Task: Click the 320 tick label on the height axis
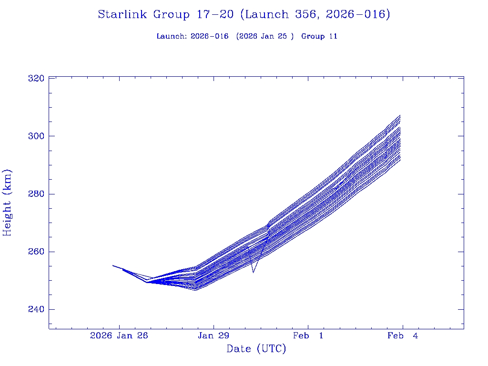tap(37, 78)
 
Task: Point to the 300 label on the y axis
tap(37, 136)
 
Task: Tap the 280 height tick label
tap(37, 194)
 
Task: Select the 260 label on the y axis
tap(37, 252)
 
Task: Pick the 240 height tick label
tap(37, 309)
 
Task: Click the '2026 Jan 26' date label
tap(119, 336)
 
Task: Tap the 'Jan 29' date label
tap(213, 336)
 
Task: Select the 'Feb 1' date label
tap(308, 336)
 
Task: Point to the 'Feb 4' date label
tap(403, 336)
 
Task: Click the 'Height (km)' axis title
tap(8, 203)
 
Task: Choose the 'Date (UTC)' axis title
tap(256, 349)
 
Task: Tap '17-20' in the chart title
tap(215, 15)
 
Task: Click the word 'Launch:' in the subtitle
tap(172, 36)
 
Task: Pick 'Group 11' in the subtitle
tap(319, 36)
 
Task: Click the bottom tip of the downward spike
tap(253, 273)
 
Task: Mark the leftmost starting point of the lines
tap(112, 265)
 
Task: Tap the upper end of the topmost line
tap(400, 115)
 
